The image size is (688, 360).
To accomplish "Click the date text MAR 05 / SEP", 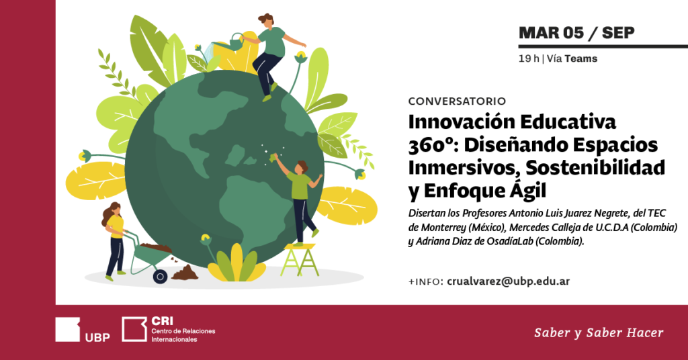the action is tap(576, 33).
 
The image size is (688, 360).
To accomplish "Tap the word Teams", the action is tap(581, 58).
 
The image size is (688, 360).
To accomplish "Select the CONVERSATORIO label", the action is tap(457, 101).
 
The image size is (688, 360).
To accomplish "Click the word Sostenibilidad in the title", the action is tap(595, 167).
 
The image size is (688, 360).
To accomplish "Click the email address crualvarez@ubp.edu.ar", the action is tap(508, 281).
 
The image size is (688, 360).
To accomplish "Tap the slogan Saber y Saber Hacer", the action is tap(599, 333).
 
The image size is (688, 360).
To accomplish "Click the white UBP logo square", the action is tap(68, 329).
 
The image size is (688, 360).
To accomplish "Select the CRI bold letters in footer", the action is tap(163, 322).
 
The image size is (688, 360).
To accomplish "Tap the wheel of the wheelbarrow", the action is tap(160, 277).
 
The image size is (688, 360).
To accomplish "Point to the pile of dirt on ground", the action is tap(185, 273).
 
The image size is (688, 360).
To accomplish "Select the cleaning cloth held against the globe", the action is tap(274, 158).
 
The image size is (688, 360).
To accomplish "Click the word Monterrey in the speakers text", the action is tap(441, 228).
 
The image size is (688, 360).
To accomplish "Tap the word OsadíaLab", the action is tap(510, 242).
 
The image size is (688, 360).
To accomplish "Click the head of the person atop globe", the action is tap(266, 19).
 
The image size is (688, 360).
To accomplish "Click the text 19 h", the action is tap(529, 58).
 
